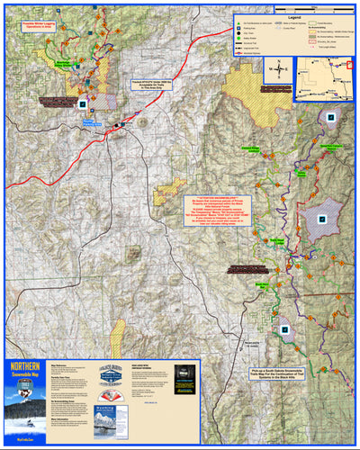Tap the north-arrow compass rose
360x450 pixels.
(x=281, y=68)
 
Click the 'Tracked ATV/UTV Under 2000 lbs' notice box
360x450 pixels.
(x=150, y=82)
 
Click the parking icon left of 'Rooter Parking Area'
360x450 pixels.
(x=84, y=104)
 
